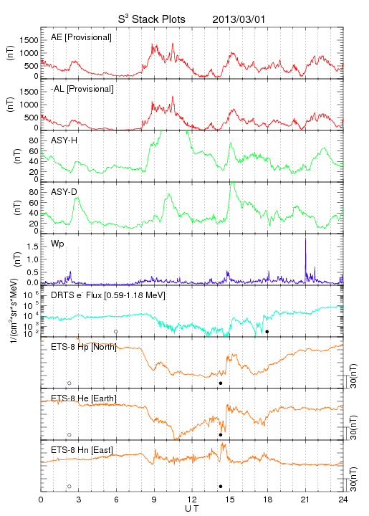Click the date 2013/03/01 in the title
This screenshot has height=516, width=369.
pos(239,19)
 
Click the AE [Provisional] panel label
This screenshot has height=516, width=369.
pos(81,37)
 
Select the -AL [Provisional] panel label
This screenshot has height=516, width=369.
pos(82,89)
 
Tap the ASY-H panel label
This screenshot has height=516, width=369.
pos(64,140)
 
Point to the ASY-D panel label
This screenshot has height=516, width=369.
pos(64,192)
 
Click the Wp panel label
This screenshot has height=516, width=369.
pos(57,244)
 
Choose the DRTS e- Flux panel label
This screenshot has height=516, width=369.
pos(108,295)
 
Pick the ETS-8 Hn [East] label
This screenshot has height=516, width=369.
pos(82,450)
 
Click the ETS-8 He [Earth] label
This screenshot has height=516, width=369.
pos(84,398)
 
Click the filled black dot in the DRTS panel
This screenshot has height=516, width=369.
pos(267,332)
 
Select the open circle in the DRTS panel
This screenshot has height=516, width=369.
pos(116,332)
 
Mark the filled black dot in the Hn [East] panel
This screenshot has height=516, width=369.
pos(221,487)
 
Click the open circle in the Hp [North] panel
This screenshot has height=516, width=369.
pos(70,383)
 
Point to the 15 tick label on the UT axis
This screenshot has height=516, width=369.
pos(230,500)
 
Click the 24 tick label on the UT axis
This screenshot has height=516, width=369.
pos(343,500)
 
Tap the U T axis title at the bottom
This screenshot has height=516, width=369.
pos(192,509)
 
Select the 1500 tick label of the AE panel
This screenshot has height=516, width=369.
pos(29,40)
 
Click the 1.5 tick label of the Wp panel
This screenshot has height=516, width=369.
pos(32,247)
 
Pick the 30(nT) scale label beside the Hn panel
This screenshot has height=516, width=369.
pos(353,479)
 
